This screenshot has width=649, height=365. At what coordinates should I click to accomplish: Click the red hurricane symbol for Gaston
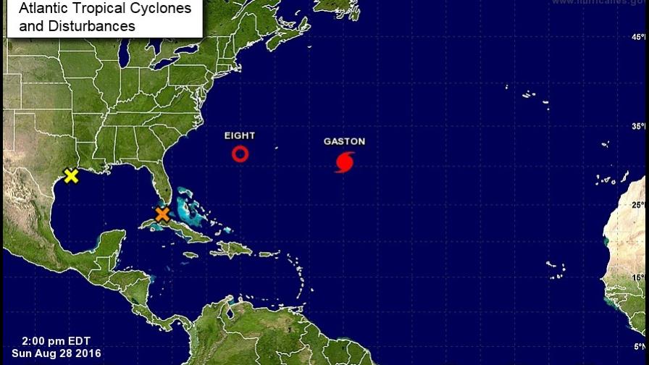pyautogui.click(x=345, y=162)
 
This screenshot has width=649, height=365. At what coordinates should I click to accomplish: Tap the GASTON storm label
pyautogui.click(x=344, y=142)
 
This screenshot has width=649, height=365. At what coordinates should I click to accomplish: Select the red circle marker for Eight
pyautogui.click(x=240, y=154)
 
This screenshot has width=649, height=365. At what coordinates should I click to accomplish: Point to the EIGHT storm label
pyautogui.click(x=240, y=135)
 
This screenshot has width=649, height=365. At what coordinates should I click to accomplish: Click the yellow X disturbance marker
pyautogui.click(x=71, y=176)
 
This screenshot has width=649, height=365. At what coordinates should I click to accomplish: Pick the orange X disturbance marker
pyautogui.click(x=162, y=214)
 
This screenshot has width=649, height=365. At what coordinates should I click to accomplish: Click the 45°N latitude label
pyautogui.click(x=637, y=36)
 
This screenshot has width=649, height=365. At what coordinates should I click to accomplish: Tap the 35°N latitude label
pyautogui.click(x=637, y=126)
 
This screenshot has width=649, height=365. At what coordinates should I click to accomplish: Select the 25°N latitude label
pyautogui.click(x=637, y=205)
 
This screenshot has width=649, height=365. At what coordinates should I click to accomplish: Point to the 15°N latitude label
pyautogui.click(x=637, y=277)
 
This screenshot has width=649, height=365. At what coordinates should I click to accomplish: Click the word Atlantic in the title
pyautogui.click(x=40, y=9)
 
